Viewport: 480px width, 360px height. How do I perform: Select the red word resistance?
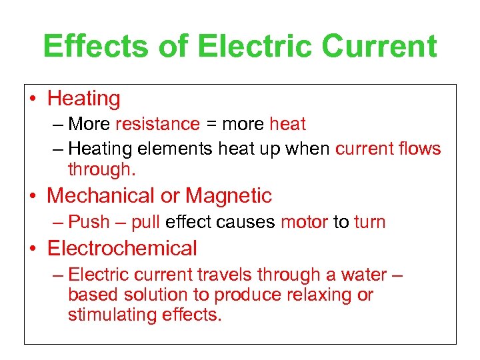coord(157,124)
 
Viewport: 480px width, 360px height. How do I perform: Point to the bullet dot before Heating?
coord(32,99)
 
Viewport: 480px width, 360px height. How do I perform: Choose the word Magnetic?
coord(229,196)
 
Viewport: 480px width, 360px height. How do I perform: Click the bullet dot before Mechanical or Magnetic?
coord(32,197)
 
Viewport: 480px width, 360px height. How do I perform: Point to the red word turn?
coord(370,222)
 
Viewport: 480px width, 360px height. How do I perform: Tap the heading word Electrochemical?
coord(122,249)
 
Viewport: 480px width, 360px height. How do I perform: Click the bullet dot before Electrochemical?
coord(32,249)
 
